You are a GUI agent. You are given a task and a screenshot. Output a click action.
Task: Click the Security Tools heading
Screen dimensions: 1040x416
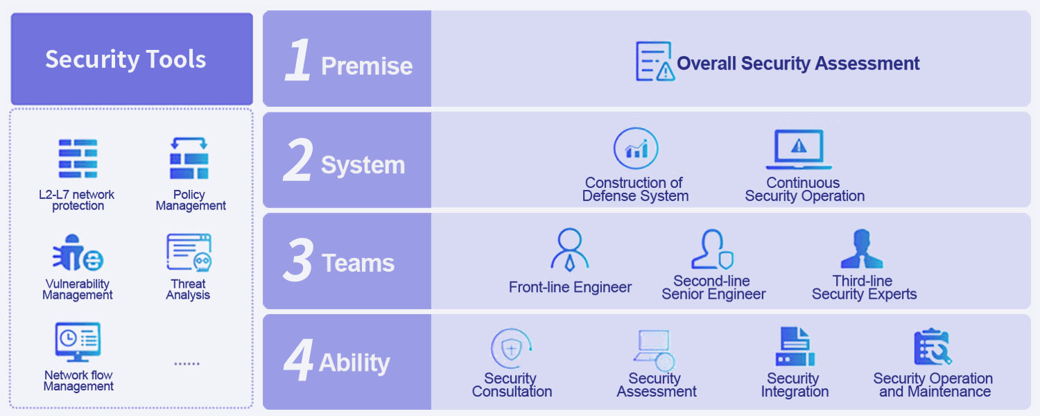[125, 60]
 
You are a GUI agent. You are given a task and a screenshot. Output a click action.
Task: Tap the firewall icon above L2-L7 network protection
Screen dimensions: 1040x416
[78, 159]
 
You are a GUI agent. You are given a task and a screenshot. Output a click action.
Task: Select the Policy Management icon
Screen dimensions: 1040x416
[189, 158]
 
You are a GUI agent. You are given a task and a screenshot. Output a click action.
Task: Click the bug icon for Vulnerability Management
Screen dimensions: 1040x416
[78, 252]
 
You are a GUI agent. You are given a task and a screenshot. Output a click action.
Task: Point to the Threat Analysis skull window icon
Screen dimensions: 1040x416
[189, 252]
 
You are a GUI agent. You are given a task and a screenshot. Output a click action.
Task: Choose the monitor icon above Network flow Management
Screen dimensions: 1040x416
[78, 343]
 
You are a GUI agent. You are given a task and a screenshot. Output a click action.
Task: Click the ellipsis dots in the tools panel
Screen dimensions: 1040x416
[187, 363]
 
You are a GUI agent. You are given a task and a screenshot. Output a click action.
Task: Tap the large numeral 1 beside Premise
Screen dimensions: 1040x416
[297, 60]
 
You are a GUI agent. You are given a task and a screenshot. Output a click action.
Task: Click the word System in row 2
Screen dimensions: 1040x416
[363, 165]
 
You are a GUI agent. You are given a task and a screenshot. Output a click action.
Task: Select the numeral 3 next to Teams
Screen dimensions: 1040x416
[297, 259]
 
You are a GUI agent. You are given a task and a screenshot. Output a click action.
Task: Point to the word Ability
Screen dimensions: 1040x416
[354, 363]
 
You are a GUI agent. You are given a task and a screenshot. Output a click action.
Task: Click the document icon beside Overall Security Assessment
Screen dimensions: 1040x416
[655, 61]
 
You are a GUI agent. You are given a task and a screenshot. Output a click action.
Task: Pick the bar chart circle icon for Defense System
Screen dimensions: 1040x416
[636, 148]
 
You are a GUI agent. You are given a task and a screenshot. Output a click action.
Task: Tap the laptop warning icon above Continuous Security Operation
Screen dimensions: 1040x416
[799, 149]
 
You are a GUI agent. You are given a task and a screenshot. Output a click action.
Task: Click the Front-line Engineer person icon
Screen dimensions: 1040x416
[570, 250]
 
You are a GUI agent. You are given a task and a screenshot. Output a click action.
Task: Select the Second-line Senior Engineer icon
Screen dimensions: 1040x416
[712, 250]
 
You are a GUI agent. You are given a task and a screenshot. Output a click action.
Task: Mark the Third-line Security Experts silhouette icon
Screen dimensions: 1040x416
[862, 249]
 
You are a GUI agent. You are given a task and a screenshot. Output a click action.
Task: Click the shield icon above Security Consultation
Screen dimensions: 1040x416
[511, 349]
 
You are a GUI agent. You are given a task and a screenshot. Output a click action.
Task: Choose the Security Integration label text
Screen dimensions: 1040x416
[795, 385]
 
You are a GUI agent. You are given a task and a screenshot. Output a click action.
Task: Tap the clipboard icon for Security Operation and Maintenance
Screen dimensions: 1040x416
[933, 347]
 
